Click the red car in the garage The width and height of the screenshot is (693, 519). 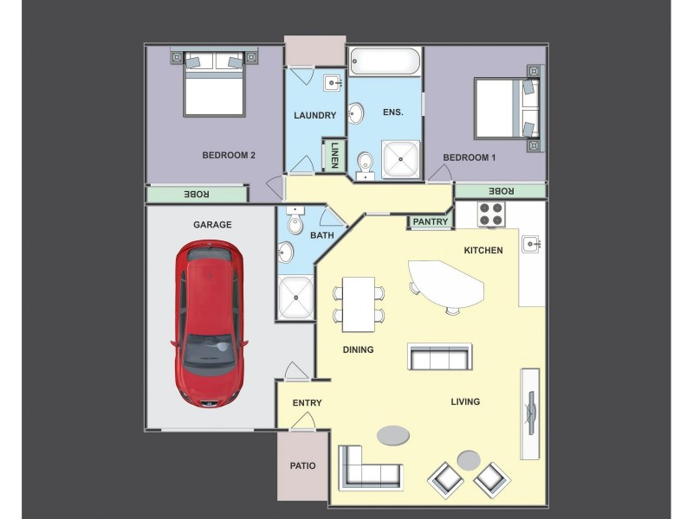[209, 324]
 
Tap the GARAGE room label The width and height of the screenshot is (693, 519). [212, 225]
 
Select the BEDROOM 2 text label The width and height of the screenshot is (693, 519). [228, 156]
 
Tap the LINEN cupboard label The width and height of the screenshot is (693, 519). [334, 156]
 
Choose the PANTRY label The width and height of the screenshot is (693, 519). [431, 222]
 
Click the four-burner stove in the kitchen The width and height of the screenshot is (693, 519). [492, 215]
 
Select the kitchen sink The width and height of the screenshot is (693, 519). [531, 245]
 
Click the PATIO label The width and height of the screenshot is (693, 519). [302, 465]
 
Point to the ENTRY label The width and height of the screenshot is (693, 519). [307, 403]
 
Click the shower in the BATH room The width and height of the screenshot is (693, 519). [297, 297]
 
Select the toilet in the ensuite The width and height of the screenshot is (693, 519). [366, 162]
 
